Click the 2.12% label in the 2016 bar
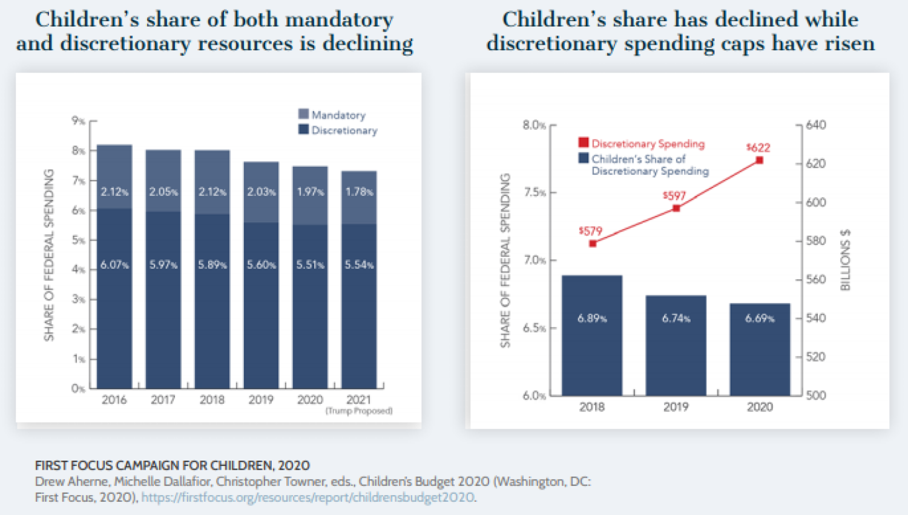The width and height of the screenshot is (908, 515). [114, 192]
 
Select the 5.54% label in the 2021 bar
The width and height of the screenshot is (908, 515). [359, 265]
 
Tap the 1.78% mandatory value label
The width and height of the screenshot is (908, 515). [359, 192]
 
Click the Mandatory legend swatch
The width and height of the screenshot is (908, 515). [304, 114]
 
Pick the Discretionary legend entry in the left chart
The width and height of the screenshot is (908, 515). [344, 130]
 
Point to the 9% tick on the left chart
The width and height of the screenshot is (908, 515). [78, 121]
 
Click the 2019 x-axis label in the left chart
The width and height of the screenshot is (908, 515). [261, 400]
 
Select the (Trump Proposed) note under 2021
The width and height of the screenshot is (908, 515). [359, 411]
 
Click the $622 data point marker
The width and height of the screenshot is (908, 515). [760, 160]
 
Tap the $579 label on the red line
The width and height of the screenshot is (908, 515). [590, 231]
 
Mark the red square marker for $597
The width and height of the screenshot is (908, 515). [677, 208]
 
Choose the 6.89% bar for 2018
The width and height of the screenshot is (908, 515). [592, 335]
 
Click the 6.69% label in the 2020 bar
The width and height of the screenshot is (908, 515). [760, 319]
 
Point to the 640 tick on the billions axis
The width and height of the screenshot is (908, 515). [815, 125]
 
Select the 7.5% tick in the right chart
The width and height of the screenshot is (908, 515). [535, 192]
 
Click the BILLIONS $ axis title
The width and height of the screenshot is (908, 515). [846, 260]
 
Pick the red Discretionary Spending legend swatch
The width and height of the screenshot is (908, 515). [584, 143]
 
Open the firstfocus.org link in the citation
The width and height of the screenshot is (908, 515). [308, 497]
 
